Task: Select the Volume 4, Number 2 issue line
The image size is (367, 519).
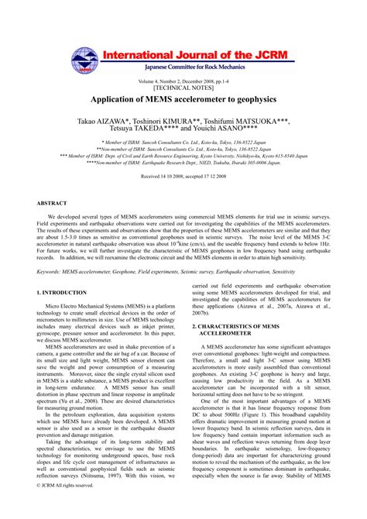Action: (x=183, y=81)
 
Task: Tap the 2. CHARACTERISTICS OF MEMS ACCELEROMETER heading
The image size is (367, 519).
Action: (x=242, y=332)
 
